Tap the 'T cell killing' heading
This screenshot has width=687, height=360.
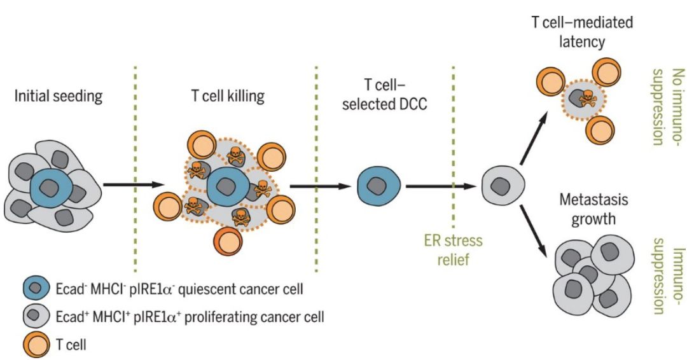(228, 97)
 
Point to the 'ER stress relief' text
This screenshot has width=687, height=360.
(452, 250)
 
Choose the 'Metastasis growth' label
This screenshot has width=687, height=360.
(593, 209)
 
